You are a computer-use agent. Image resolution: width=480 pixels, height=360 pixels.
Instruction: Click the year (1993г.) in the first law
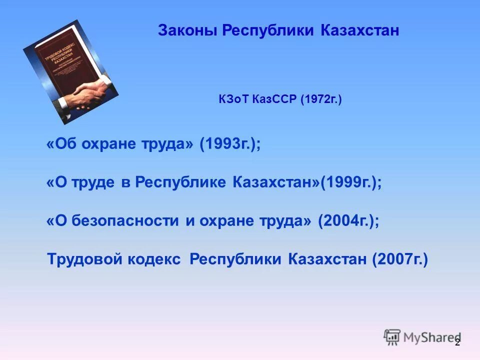[x=230, y=144]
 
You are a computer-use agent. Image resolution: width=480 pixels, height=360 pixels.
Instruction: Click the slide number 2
[x=457, y=342]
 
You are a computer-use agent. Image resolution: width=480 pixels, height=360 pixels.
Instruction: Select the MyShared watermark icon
[x=392, y=337]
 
